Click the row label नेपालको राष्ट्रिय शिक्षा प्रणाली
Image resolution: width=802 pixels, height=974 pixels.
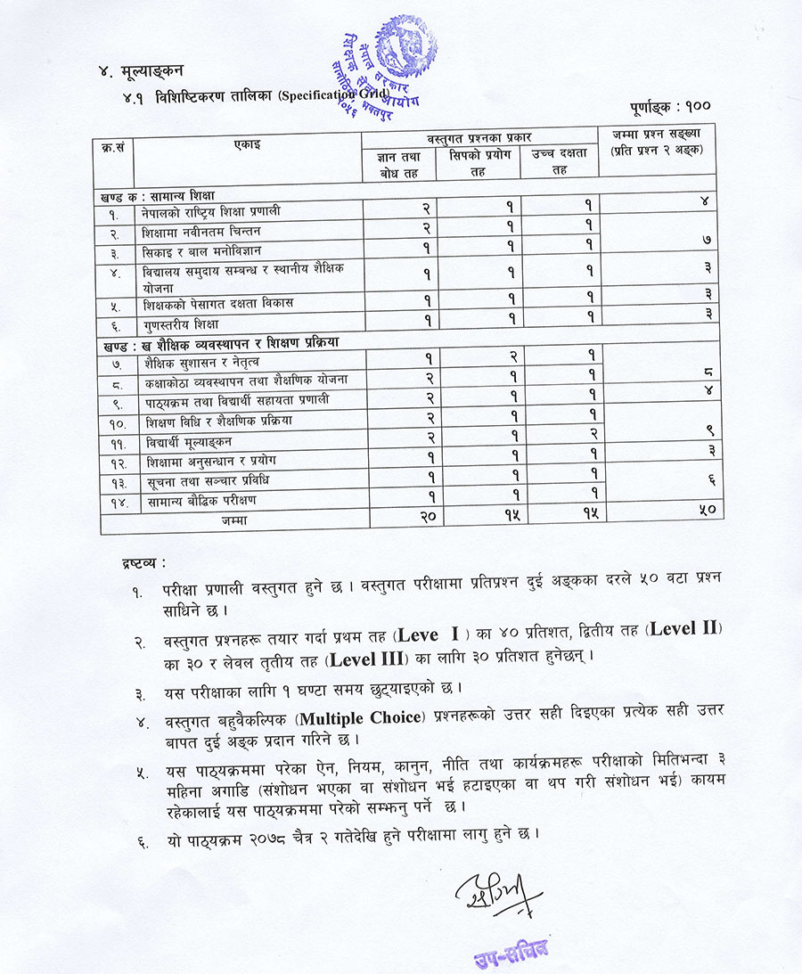point(210,212)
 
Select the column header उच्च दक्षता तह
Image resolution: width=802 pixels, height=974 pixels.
point(559,161)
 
